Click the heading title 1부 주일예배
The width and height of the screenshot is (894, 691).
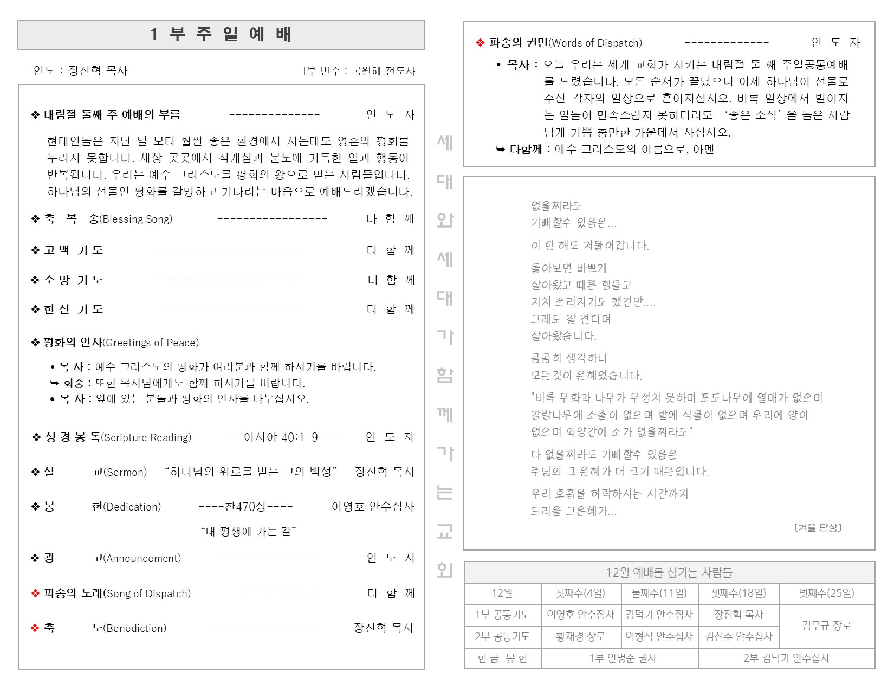(x=221, y=35)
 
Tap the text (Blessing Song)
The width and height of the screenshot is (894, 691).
(x=136, y=219)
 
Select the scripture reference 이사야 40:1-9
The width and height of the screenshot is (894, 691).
(x=281, y=437)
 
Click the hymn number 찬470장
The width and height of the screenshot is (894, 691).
(x=245, y=507)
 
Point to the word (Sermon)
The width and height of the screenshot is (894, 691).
(x=125, y=472)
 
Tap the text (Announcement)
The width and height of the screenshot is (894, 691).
(x=142, y=558)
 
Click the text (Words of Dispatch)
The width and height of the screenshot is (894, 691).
(x=595, y=43)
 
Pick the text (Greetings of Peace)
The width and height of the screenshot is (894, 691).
(x=151, y=343)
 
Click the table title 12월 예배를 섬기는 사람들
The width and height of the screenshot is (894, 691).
(x=669, y=572)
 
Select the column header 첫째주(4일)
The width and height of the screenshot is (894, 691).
(x=580, y=593)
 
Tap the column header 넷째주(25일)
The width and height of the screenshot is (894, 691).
(x=826, y=593)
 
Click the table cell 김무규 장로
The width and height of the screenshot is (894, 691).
(x=826, y=625)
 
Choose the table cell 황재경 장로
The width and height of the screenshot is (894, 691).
(x=580, y=636)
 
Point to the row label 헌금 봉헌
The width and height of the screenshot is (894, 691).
(x=502, y=658)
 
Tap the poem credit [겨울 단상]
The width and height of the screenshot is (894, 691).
(x=818, y=527)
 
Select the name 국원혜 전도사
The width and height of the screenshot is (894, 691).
(x=383, y=71)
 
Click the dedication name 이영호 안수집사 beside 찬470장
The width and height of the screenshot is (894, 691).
(x=373, y=507)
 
